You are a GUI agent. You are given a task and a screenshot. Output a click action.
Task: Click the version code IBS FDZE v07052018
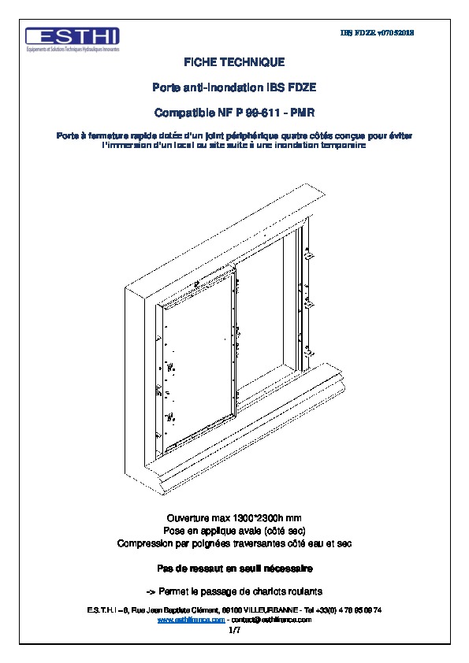click(x=377, y=33)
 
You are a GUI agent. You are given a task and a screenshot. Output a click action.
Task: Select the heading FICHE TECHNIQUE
click(x=234, y=61)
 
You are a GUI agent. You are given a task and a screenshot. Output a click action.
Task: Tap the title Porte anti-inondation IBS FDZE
click(x=234, y=87)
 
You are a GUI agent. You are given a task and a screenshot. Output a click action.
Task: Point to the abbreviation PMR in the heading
click(x=303, y=113)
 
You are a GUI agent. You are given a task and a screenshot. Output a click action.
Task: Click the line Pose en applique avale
click(x=234, y=532)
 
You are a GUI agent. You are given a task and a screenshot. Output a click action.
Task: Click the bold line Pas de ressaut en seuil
click(x=234, y=568)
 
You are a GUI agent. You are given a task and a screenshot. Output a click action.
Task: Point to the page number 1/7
click(x=234, y=630)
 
